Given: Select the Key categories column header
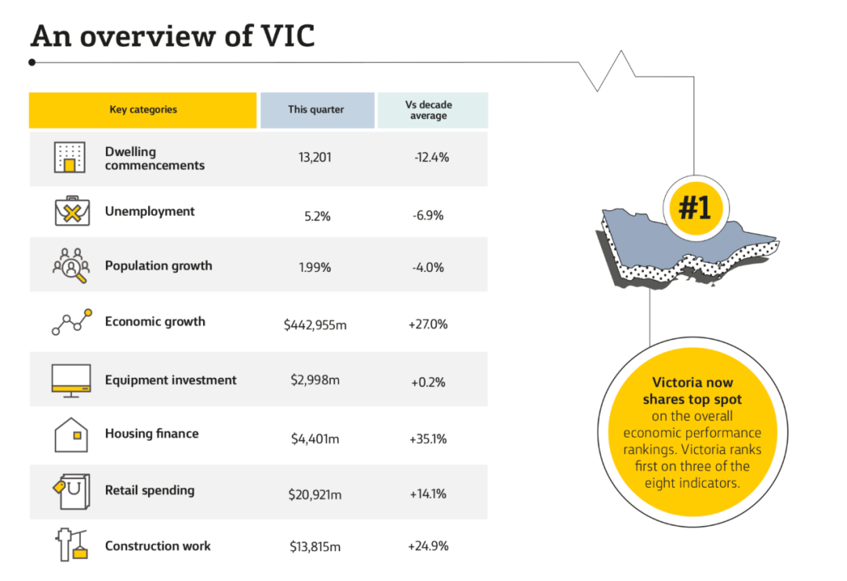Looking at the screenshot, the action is coord(143,110).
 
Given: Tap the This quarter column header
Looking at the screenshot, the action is coord(317,110).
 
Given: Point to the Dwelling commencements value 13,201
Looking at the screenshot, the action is coord(315,157).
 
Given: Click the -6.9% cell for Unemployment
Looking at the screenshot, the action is coord(428,216).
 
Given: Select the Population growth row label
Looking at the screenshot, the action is coord(158,266).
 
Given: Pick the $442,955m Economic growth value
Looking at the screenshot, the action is coord(315,325).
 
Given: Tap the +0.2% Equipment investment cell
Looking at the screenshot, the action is coord(428,383).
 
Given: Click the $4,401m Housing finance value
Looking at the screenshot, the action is coord(315,438).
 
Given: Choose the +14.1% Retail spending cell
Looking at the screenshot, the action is coord(428,493).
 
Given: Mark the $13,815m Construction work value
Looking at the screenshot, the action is coord(315,547).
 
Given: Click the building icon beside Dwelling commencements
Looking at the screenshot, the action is coord(70,157).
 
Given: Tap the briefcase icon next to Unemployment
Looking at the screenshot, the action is coord(72,211).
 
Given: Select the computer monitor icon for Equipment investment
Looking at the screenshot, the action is coord(71,381).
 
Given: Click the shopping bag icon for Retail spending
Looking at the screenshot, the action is coord(72,492).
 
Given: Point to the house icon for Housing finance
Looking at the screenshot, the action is coord(71,434).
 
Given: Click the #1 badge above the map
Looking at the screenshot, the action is coord(696,207).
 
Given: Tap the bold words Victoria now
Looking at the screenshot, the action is coord(693,383).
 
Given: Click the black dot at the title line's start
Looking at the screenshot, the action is coord(32,63).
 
